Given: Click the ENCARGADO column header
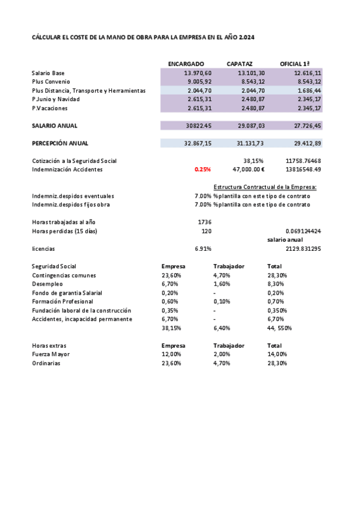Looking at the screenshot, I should [x=186, y=64].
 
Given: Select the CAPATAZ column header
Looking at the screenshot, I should [x=239, y=64].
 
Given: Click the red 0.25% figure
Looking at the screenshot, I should [x=203, y=170].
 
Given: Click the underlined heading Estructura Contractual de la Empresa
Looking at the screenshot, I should [x=265, y=187].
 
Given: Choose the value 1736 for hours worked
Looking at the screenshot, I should [x=204, y=222].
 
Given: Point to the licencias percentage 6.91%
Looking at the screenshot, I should [x=203, y=248].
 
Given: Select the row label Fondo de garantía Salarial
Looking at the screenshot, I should [x=67, y=292].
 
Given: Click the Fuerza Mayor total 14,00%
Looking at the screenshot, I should [x=277, y=355].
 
